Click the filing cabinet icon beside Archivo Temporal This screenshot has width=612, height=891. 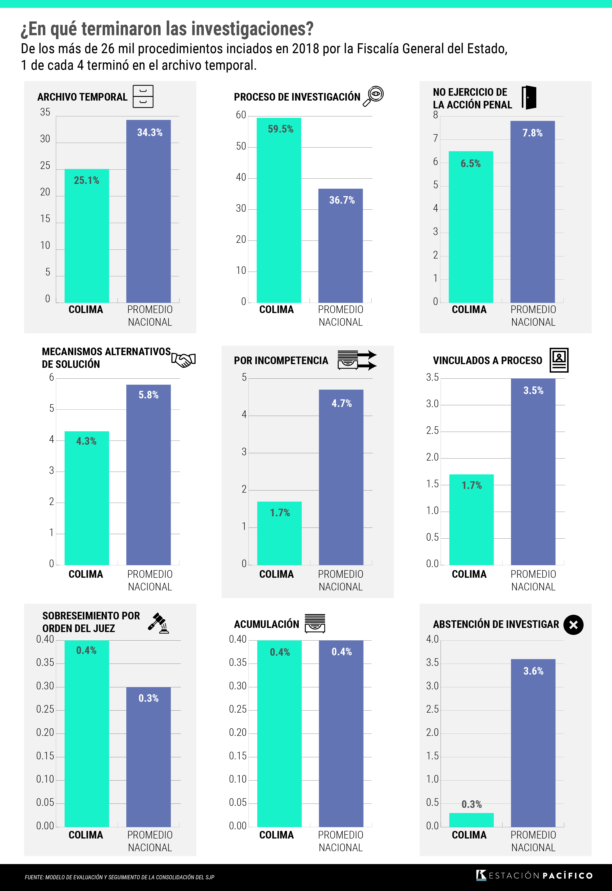tap(143, 96)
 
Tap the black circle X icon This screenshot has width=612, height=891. tap(573, 625)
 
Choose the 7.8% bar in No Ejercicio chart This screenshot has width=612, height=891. tap(533, 212)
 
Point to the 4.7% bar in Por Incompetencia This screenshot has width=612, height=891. tap(341, 477)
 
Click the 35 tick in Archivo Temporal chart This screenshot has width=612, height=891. tap(45, 112)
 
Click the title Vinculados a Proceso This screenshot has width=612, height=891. tap(487, 360)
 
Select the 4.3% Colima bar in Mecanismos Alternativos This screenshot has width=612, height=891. tap(87, 498)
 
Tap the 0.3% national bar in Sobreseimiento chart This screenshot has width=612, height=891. tap(148, 757)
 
